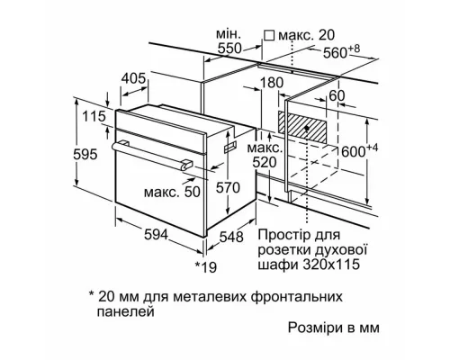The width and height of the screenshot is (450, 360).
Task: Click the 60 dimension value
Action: pyautogui.click(x=337, y=96)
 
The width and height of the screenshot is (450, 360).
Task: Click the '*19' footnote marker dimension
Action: pyautogui.click(x=208, y=268)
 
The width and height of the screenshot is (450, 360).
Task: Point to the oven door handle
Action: pyautogui.click(x=148, y=153)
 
